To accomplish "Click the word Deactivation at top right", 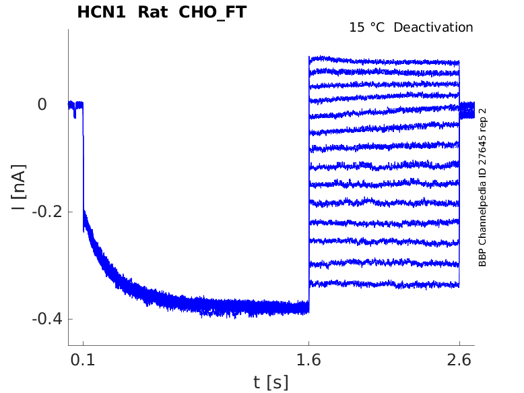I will pyautogui.click(x=433, y=28).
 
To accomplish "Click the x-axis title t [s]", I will pyautogui.click(x=271, y=382).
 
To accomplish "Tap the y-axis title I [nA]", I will pyautogui.click(x=20, y=187).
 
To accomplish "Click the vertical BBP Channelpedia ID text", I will pyautogui.click(x=482, y=187).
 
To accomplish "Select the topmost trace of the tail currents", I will pyautogui.click(x=384, y=61).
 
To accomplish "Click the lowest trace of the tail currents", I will pyautogui.click(x=384, y=284).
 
